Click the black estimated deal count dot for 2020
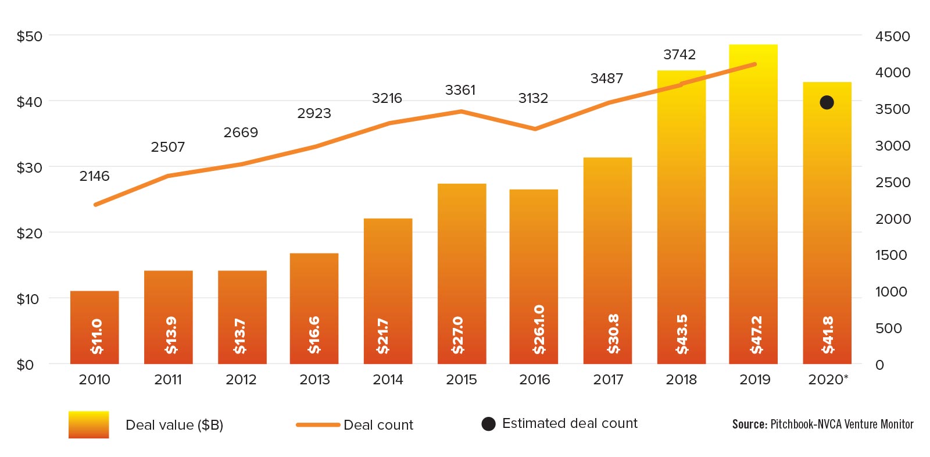pos(827,102)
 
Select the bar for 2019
pos(753,203)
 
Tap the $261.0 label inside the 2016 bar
pos(539,329)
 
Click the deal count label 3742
pos(679,55)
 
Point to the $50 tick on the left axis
pos(29,36)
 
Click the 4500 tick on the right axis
pos(893,36)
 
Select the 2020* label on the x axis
pos(828,380)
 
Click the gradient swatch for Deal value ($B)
pos(88,424)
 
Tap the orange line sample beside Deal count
pos(318,425)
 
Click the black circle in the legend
pos(489,424)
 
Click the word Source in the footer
pos(749,424)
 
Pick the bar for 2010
pos(95,327)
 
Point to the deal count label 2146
pos(94,176)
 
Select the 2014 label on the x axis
pos(388,380)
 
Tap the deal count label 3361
pos(460,90)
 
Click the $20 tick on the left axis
pos(29,233)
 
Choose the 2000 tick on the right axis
pos(893,219)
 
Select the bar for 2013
pos(314,308)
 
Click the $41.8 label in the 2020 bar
pos(828,335)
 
